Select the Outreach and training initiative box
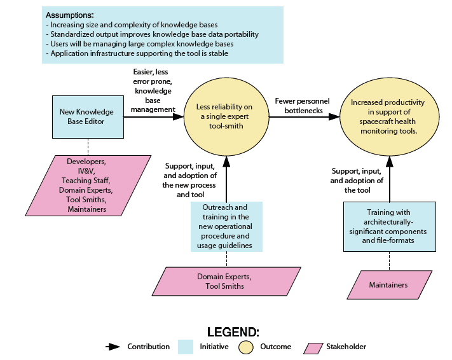click(x=226, y=226)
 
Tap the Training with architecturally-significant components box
click(x=389, y=227)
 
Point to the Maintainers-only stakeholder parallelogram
click(x=388, y=284)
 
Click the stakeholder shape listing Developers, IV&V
click(x=90, y=184)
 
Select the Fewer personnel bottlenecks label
click(x=299, y=105)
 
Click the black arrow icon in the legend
click(x=113, y=347)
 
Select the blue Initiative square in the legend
click(x=186, y=347)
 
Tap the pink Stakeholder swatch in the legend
click(x=313, y=347)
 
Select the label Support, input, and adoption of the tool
click(x=357, y=180)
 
